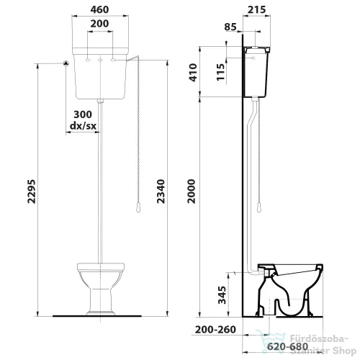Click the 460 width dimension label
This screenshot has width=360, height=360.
coord(99,9)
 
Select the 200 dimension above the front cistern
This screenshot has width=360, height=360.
coord(99,24)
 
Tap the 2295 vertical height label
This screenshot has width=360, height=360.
coord(32,192)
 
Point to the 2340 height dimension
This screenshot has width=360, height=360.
coord(161,192)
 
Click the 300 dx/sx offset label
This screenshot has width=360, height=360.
coord(83,120)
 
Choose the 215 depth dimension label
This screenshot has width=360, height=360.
coord(257,9)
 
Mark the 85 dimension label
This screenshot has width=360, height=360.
coord(230,27)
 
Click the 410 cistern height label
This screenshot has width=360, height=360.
coord(193,73)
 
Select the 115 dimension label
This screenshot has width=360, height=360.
coord(220,72)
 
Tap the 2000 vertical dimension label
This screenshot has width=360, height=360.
coord(192,192)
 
